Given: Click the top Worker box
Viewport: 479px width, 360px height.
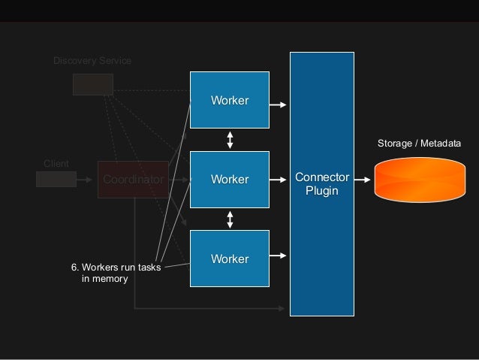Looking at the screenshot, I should [x=230, y=101].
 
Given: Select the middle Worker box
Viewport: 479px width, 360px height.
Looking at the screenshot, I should [x=230, y=180].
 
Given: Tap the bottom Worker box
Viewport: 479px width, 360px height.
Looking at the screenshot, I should [x=230, y=259].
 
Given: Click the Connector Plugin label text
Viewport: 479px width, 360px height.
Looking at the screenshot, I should [x=322, y=184].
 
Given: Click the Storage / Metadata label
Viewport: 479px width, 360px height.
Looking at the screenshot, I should [x=418, y=143].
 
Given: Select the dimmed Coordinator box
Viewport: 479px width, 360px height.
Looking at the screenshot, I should [x=133, y=180].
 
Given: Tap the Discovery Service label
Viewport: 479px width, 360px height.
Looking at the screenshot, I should [x=92, y=60].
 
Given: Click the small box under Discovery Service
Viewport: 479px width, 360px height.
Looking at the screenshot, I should [x=92, y=84].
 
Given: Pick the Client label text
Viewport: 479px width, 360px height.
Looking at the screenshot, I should [x=56, y=163].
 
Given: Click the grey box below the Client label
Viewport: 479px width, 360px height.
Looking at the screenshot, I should [x=56, y=179].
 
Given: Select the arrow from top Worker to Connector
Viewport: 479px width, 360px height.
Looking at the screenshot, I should [x=278, y=105].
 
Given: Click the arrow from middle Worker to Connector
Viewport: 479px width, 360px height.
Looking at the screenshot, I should [x=278, y=180].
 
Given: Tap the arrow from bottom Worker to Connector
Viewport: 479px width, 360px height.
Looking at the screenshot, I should [x=278, y=254].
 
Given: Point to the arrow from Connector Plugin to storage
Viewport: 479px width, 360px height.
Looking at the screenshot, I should [x=362, y=180].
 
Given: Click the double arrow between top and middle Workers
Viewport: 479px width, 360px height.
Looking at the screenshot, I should [x=230, y=139].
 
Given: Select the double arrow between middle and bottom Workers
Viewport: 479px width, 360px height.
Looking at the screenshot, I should [x=230, y=219].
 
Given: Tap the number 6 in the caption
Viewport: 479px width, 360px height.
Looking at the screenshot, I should [x=74, y=267].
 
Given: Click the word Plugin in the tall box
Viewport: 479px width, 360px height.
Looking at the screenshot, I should [x=322, y=191].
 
